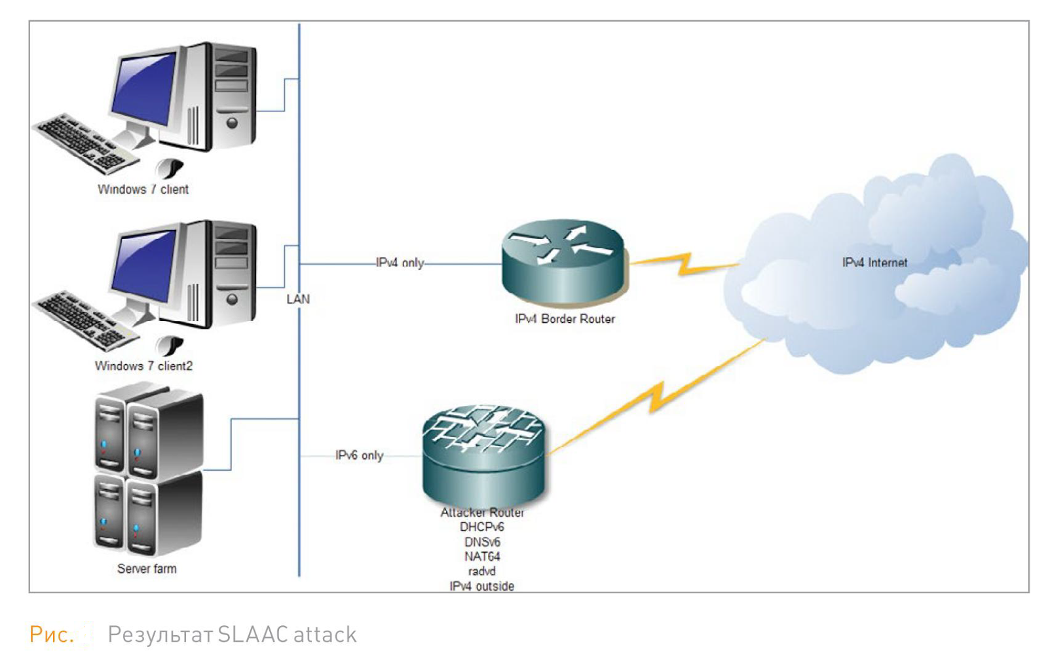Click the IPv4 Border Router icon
coord(563,262)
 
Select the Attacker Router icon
coord(483,455)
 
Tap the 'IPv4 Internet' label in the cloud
coord(874,263)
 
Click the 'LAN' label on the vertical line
coord(298,299)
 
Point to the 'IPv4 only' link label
coord(400,263)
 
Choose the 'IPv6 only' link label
coord(359,455)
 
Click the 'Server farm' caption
coord(147,568)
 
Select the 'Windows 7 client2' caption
coord(143,366)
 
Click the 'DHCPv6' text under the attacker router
coord(481,527)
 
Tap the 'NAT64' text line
coord(482,557)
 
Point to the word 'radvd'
coord(481,572)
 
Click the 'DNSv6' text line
coord(482,542)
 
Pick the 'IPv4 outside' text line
coord(481,586)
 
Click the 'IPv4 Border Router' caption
coord(565,319)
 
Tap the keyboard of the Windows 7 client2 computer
coord(82,321)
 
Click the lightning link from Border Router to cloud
coord(684,264)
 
